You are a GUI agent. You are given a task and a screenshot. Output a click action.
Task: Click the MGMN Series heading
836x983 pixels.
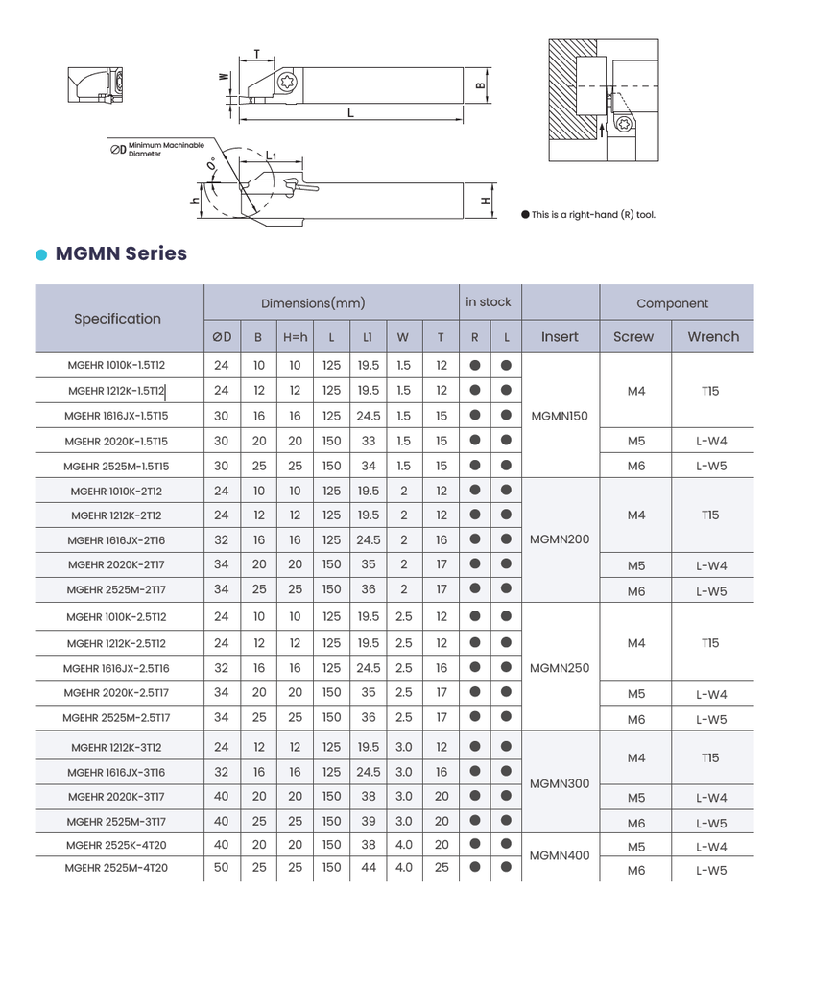point(121,253)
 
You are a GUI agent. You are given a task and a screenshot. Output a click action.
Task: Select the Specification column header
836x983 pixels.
point(118,319)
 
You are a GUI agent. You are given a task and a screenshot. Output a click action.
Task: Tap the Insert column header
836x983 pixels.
point(560,337)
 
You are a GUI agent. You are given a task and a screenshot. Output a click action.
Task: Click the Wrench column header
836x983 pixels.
point(713,337)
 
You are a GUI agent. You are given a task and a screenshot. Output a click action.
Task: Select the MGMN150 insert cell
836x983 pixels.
point(560,416)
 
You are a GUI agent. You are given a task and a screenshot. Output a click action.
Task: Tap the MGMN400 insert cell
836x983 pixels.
point(560,856)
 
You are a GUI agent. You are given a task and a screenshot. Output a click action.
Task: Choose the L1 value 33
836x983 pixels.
point(368,441)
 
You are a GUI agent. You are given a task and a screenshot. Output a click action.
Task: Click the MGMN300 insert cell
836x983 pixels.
point(560,784)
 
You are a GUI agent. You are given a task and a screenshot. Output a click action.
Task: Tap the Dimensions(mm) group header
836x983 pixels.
point(314,303)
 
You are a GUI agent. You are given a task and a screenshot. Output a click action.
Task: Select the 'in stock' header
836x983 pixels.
point(489,302)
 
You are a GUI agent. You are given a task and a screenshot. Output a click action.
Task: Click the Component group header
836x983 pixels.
point(673,303)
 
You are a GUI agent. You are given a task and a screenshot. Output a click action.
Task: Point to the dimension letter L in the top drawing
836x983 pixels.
point(350,112)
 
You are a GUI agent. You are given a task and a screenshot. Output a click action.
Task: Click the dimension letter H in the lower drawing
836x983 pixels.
point(486,200)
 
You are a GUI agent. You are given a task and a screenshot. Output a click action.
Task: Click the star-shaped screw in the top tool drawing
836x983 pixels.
point(285,84)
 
